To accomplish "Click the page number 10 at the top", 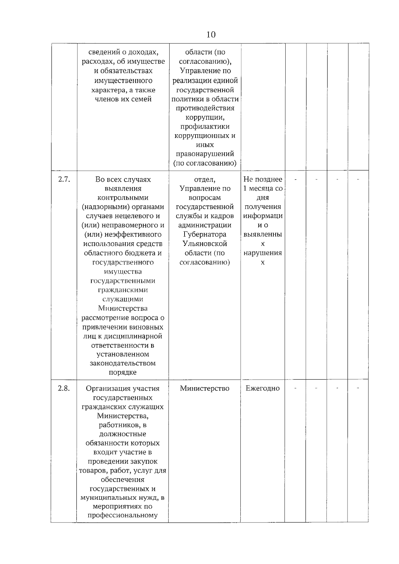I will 211,35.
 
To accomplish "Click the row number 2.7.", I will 64,179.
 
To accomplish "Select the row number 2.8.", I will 64,388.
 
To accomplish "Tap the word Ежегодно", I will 263,388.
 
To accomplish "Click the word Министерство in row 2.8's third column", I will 204,388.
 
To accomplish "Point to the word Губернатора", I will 204,234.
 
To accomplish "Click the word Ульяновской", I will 204,244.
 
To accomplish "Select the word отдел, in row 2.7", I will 204,179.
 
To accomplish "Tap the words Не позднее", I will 263,179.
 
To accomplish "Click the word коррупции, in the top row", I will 204,117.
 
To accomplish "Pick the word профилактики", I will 204,127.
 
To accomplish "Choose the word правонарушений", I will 204,154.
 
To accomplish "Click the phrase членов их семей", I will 123,99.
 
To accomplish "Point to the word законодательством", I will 123,363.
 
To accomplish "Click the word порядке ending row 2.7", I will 123,372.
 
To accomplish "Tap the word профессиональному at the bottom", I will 122,516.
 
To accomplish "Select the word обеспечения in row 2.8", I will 122,480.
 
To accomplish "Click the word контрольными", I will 123,198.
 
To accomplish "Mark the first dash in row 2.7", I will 296,180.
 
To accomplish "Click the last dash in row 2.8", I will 358,388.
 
